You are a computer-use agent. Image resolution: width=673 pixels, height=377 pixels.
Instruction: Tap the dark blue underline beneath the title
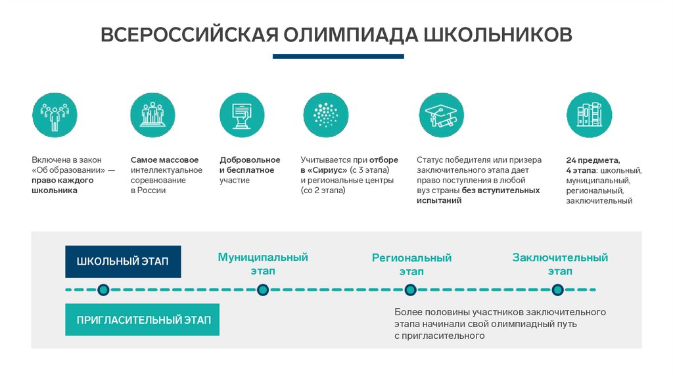click(x=338, y=56)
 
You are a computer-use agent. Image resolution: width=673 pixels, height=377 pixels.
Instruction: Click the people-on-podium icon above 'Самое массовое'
click(x=153, y=115)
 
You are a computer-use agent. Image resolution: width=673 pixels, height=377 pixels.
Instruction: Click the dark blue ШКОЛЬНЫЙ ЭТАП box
click(x=123, y=261)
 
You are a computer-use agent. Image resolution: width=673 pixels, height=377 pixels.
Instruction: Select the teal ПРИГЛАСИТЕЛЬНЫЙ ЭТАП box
click(x=143, y=320)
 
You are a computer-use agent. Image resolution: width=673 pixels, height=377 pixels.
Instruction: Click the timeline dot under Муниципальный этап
click(x=263, y=290)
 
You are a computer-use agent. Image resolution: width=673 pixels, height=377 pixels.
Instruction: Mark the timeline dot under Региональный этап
click(x=411, y=290)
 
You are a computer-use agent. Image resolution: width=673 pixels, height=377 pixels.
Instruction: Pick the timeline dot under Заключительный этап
click(x=558, y=290)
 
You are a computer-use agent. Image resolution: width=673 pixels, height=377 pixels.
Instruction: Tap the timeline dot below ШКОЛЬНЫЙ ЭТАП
click(x=103, y=290)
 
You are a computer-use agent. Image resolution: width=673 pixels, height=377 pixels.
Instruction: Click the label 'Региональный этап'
click(x=411, y=265)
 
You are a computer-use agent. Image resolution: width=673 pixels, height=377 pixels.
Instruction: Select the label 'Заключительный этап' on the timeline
click(x=560, y=264)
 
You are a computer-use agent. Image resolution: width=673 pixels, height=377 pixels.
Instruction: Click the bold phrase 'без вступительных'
click(x=501, y=190)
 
